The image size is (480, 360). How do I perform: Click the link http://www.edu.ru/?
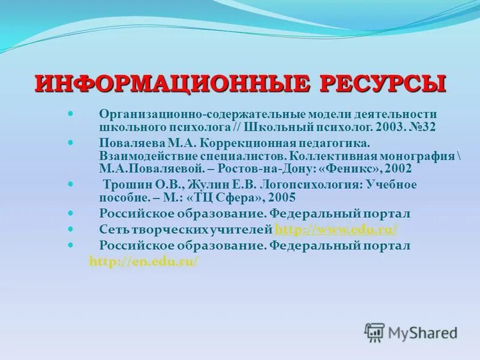(x=337, y=230)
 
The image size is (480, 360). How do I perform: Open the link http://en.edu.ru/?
(x=143, y=262)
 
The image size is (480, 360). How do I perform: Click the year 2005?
(x=281, y=197)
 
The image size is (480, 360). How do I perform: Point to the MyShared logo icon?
(x=374, y=332)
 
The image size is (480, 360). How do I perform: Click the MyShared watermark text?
(x=422, y=333)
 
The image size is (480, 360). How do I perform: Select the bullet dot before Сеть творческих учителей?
(x=71, y=229)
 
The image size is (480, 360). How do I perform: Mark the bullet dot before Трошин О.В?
(x=71, y=182)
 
